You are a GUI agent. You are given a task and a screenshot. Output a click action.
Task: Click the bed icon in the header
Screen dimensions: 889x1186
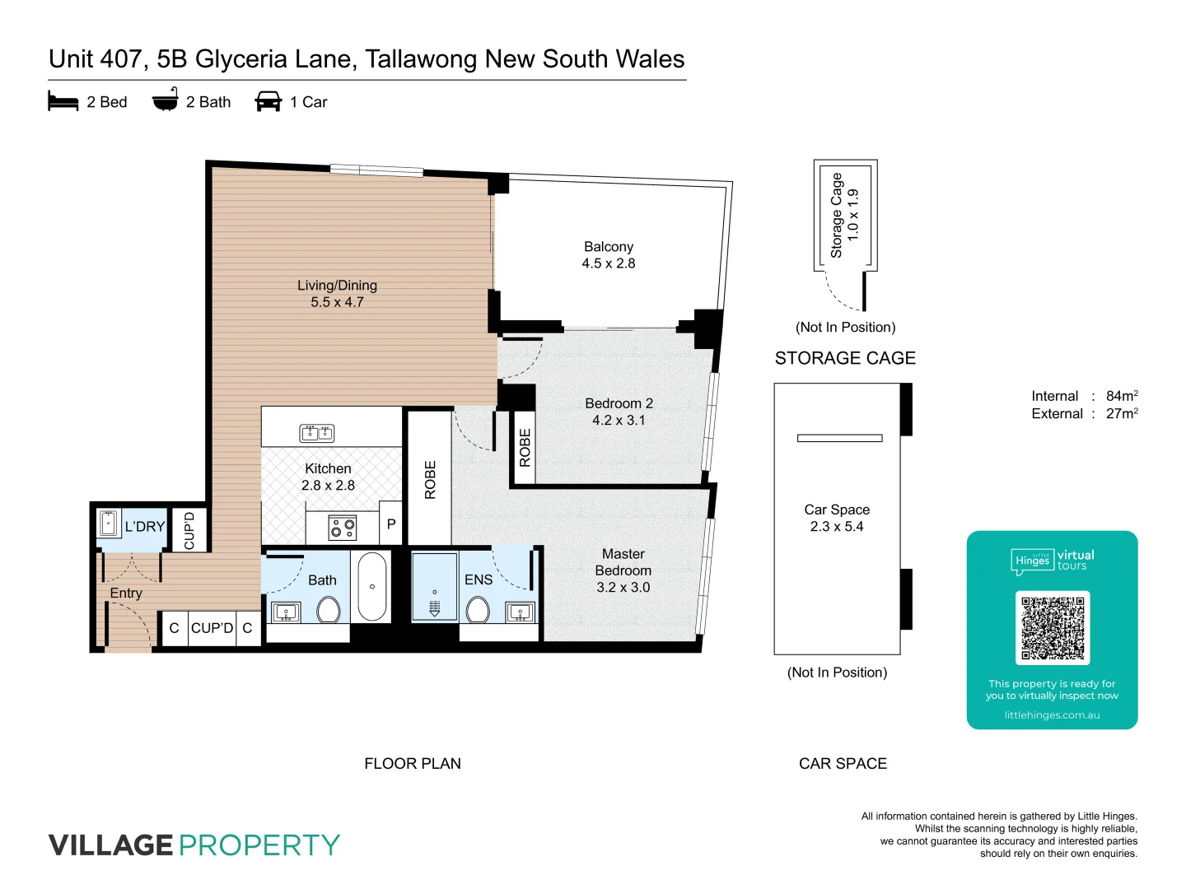pos(63,101)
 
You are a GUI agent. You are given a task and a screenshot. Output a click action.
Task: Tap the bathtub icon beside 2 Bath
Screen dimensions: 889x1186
pos(166,100)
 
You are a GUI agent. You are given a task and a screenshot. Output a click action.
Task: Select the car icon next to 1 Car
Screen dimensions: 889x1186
pos(268,101)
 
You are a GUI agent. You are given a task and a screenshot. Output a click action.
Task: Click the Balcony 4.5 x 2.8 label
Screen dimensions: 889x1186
pos(609,255)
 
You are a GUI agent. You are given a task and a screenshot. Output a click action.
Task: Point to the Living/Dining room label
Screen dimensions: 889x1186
pos(337,293)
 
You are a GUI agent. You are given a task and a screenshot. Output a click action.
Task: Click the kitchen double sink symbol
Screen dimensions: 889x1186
pos(316,432)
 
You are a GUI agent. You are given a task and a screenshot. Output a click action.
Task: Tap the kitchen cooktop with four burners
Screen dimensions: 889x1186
pos(343,528)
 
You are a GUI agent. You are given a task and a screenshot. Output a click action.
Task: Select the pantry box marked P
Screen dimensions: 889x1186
pos(391,524)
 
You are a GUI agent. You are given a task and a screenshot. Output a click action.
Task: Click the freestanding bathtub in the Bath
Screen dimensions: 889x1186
pos(372,586)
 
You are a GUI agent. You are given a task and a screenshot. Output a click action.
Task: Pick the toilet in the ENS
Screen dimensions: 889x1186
pos(478,610)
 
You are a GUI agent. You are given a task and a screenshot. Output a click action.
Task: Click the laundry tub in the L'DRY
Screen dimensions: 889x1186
pos(108,524)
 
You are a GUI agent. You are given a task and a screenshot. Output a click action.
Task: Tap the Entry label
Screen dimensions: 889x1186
pos(126,593)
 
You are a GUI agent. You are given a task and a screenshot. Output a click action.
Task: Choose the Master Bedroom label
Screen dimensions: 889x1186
pos(623,570)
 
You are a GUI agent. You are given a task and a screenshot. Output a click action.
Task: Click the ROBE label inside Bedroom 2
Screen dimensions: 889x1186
pos(525,449)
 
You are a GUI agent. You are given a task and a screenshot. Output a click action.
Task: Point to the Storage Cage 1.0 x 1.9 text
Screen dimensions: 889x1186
pos(844,215)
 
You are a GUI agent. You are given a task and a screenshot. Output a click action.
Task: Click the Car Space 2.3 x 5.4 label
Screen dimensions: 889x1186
pos(837,518)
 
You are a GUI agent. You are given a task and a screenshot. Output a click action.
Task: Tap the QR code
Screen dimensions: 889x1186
pos(1053,627)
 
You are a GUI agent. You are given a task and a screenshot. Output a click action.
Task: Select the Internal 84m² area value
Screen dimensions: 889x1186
pos(1122,396)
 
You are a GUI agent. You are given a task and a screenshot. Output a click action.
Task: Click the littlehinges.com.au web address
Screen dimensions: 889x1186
pos(1052,715)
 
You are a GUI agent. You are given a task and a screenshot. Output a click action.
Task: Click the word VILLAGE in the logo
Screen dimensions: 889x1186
pos(111,845)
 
